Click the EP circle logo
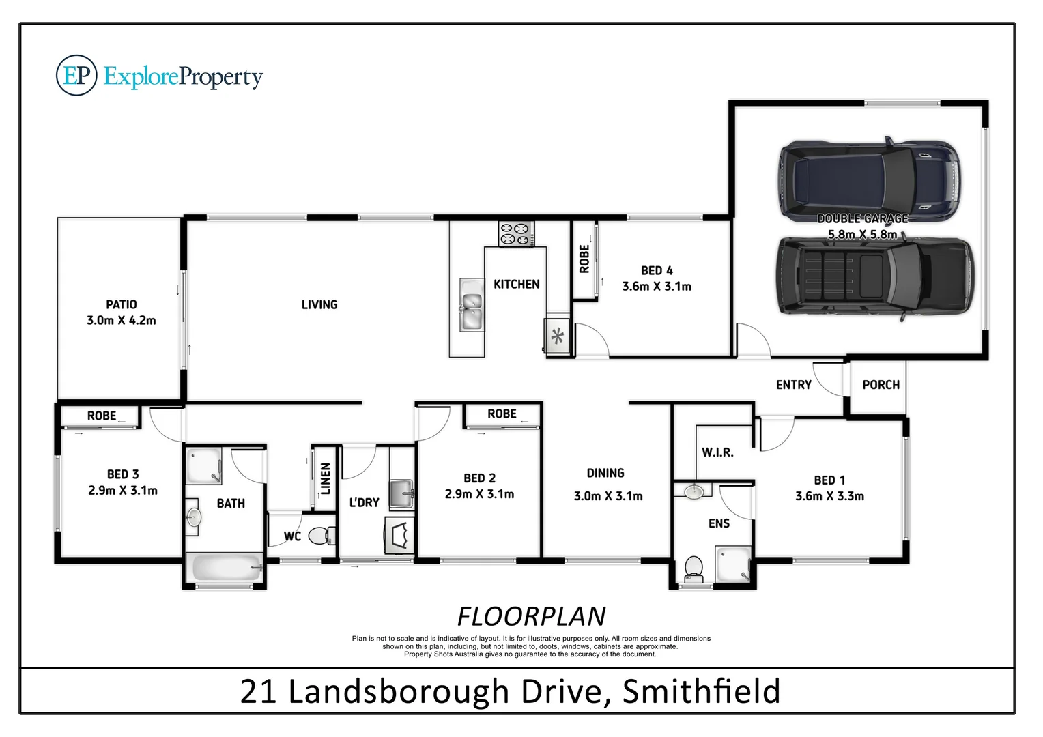tap(76, 76)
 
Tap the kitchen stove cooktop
tap(516, 233)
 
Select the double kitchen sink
tap(471, 304)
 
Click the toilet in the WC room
tap(321, 536)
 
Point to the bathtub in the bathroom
tap(225, 568)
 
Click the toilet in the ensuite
tap(694, 568)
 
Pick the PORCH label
tap(881, 385)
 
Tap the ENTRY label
tap(793, 385)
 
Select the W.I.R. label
tap(717, 452)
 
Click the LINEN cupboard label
tap(326, 478)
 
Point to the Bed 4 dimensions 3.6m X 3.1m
tap(656, 287)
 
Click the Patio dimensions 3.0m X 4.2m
tap(121, 320)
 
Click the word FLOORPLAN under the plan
tap(531, 616)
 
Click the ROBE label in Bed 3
tap(101, 416)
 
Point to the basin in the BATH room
tap(193, 517)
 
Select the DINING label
tap(605, 473)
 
